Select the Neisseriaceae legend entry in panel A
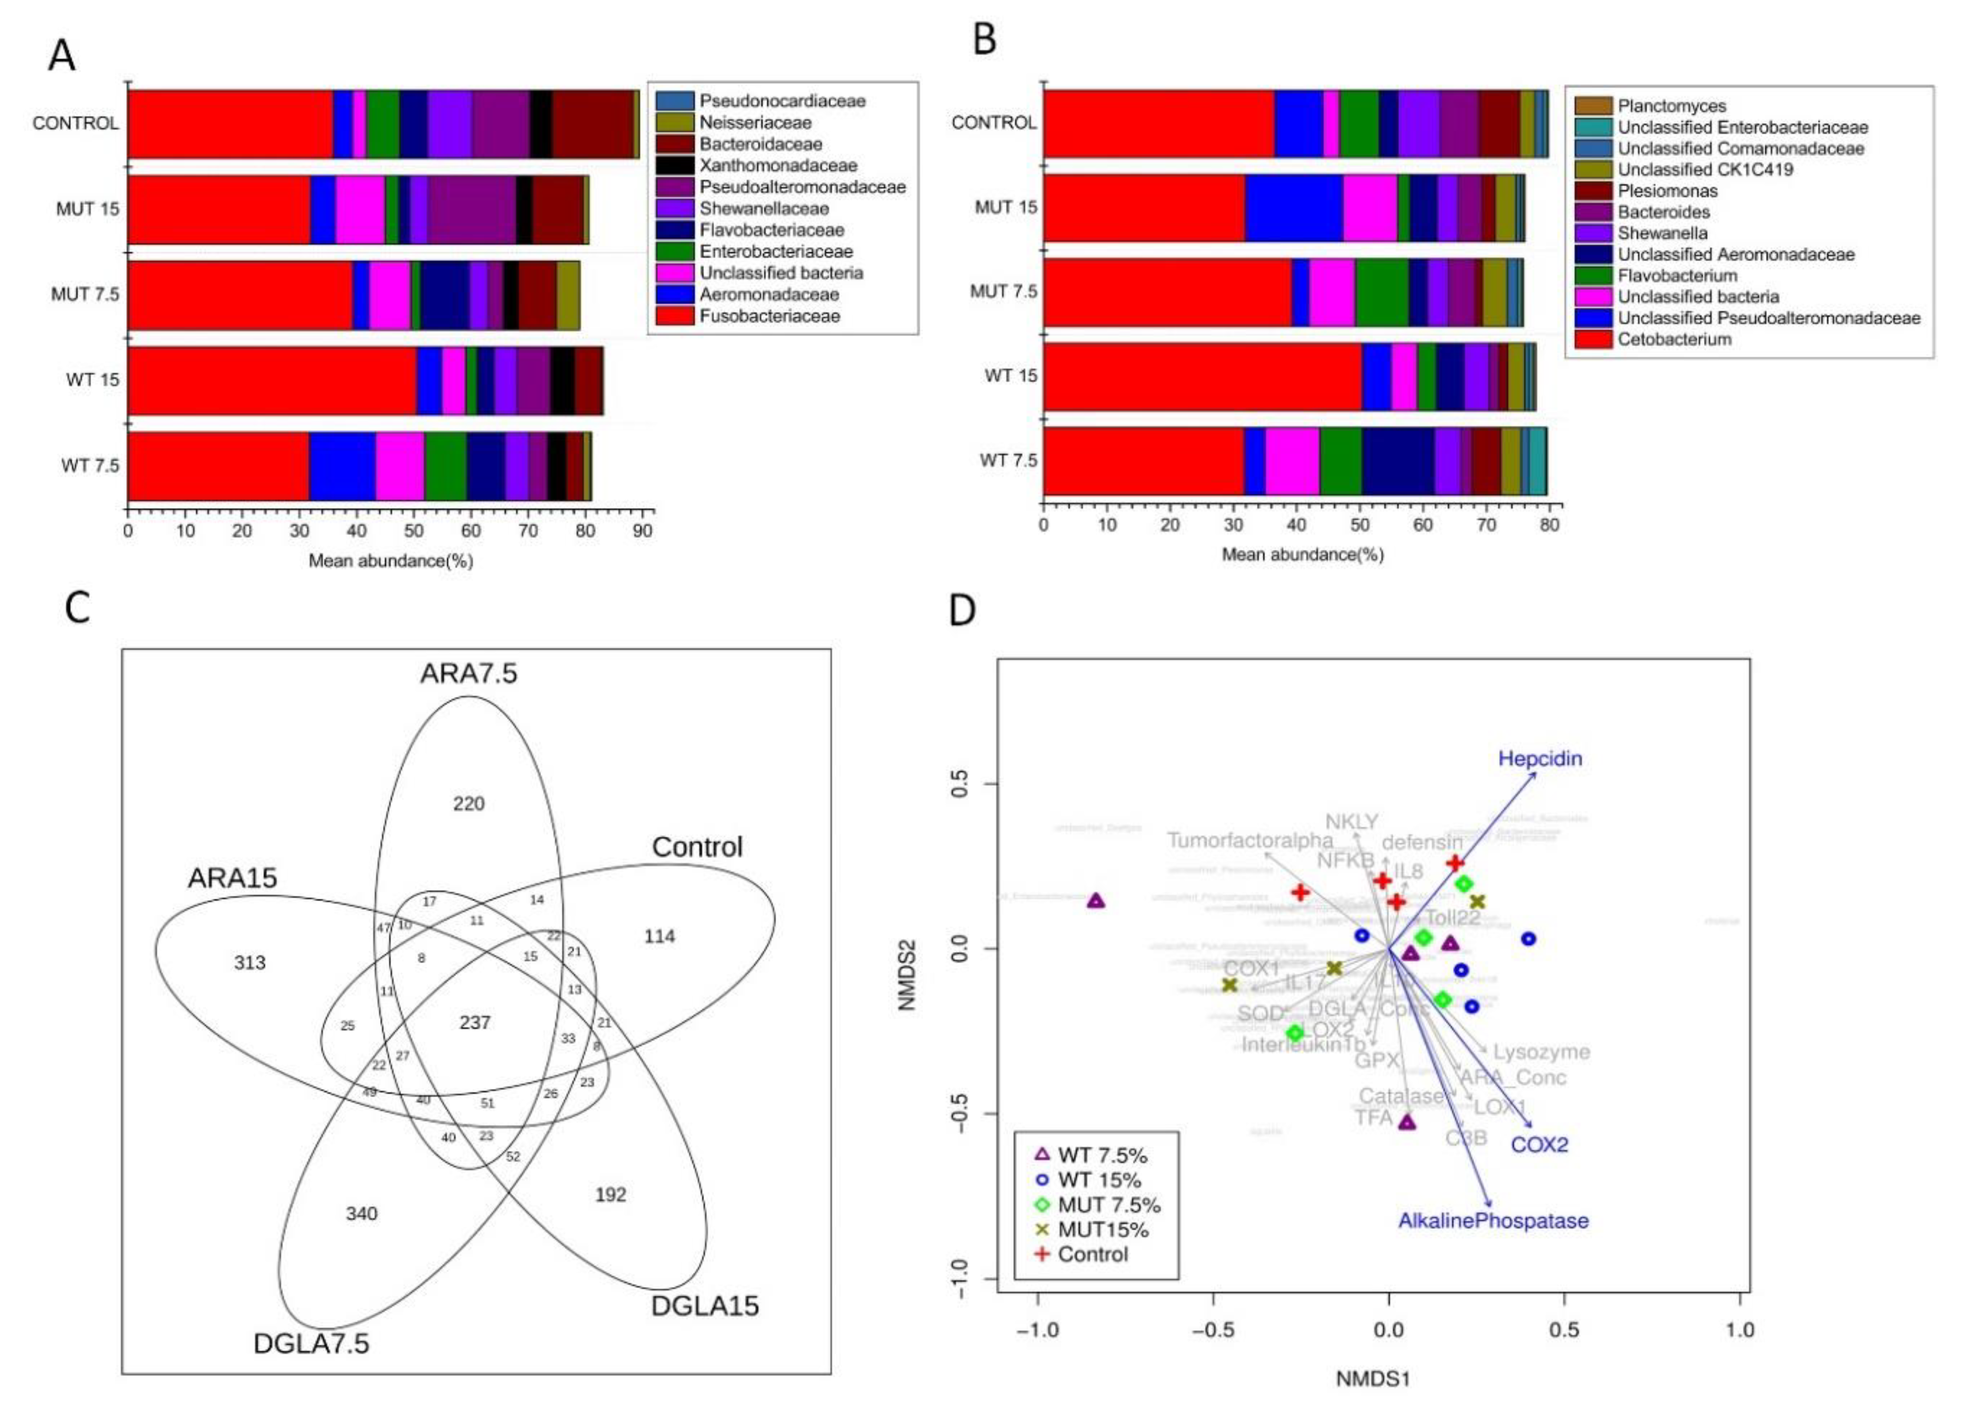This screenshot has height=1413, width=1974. click(x=755, y=123)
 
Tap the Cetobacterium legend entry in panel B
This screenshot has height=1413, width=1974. click(x=1674, y=339)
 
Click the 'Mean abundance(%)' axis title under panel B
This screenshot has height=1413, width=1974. click(x=1302, y=554)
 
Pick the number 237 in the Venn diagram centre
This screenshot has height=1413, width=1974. click(x=474, y=1022)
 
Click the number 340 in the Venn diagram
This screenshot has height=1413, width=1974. click(x=361, y=1213)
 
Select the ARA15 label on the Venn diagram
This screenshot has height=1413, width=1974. click(x=232, y=878)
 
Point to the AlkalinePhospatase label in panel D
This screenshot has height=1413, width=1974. click(x=1493, y=1221)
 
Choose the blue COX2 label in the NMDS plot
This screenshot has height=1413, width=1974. click(x=1539, y=1144)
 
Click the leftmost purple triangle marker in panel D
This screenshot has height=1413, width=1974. click(x=1096, y=901)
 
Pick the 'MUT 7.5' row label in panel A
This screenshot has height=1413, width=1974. click(x=85, y=294)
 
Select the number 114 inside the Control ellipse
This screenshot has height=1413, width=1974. click(x=659, y=936)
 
